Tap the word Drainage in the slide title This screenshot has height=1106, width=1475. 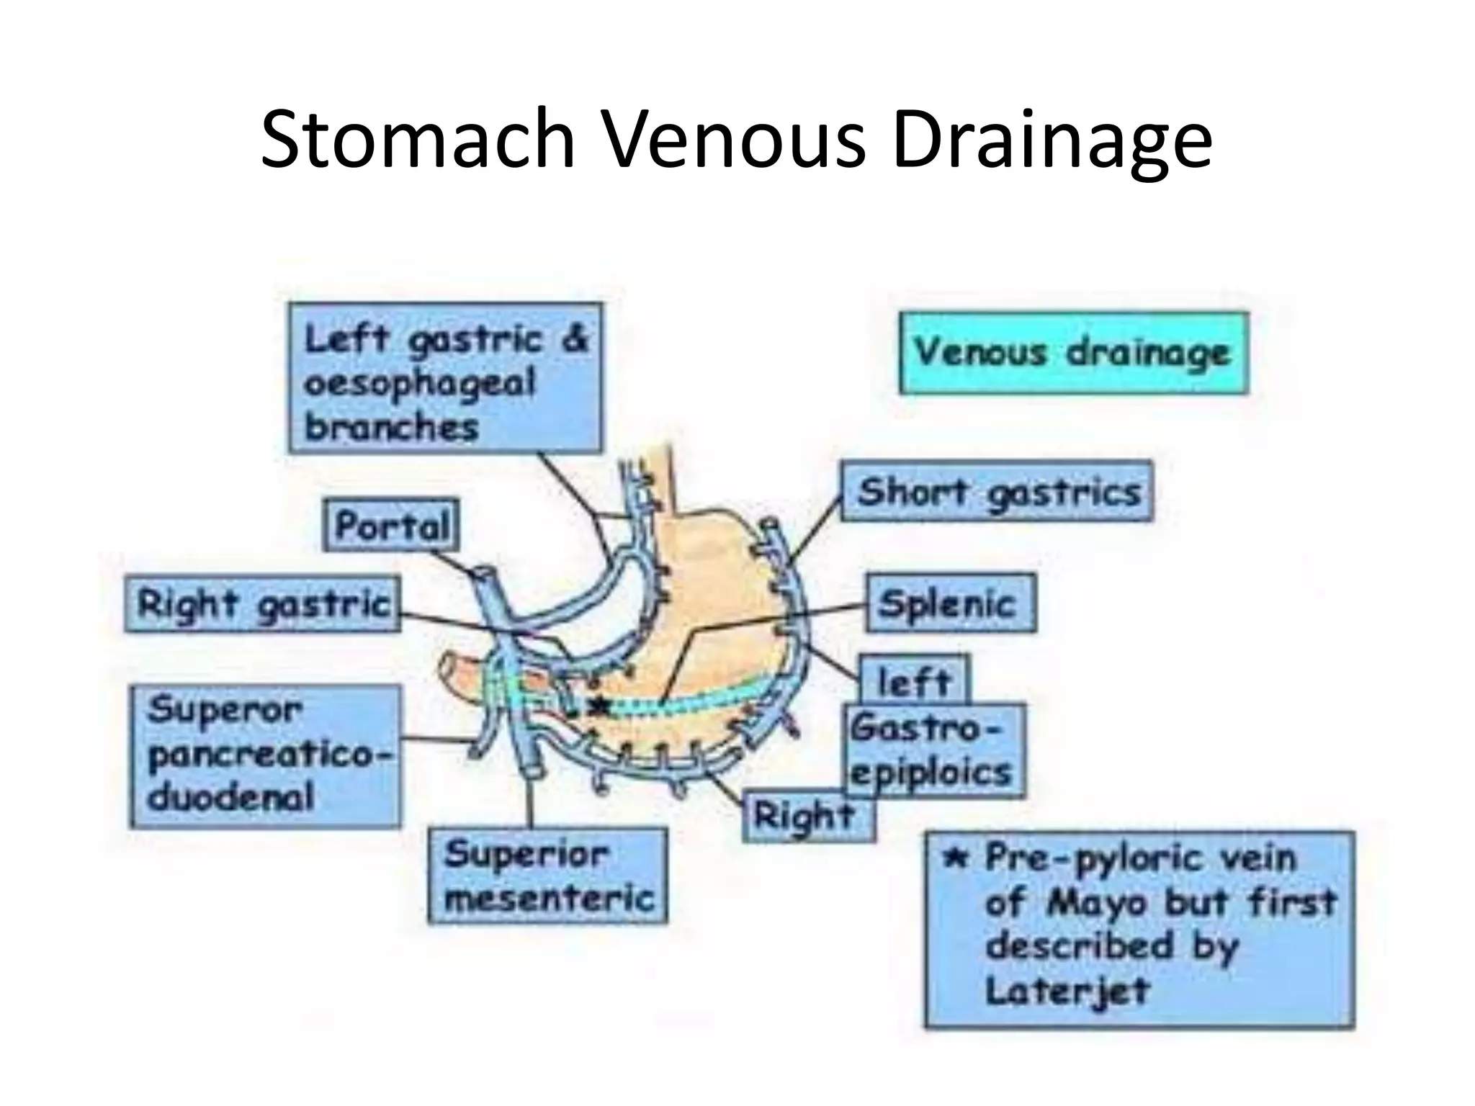pyautogui.click(x=1052, y=141)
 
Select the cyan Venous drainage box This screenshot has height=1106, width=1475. pyautogui.click(x=1073, y=353)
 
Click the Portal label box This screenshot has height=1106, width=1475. pyautogui.click(x=391, y=525)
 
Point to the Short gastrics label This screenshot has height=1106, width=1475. pyautogui.click(x=997, y=492)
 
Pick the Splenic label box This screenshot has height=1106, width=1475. pyautogui.click(x=951, y=603)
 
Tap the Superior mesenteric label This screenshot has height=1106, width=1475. pyautogui.click(x=547, y=876)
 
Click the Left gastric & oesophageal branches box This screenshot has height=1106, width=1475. pyautogui.click(x=445, y=378)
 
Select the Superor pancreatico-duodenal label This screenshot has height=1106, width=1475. pyautogui.click(x=265, y=756)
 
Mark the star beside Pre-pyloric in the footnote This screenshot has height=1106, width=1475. pyautogui.click(x=955, y=857)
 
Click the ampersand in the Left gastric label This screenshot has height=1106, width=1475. pyautogui.click(x=575, y=338)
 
